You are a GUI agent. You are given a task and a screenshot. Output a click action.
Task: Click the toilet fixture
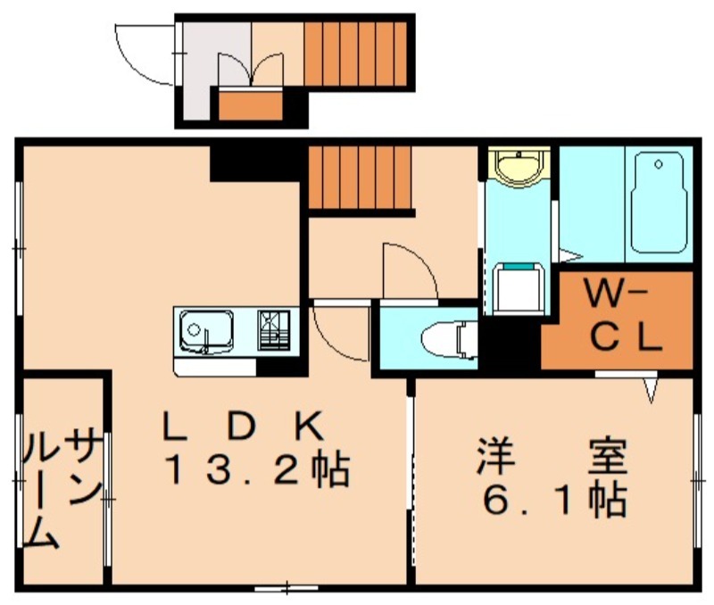[449, 339]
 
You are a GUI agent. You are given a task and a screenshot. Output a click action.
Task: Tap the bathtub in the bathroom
[659, 203]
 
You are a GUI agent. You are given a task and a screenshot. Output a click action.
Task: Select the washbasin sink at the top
[519, 166]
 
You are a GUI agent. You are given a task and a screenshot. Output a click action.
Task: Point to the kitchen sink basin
[206, 331]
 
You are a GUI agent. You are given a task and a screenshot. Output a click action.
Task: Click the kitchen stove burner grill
[274, 330]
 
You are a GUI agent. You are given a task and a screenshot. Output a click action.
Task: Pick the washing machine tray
[519, 288]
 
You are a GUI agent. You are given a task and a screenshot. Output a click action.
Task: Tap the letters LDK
[243, 425]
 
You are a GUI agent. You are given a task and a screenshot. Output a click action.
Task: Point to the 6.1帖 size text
[554, 500]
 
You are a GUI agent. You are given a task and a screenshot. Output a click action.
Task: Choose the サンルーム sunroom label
[62, 490]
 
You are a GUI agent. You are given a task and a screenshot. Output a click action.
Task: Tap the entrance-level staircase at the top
[354, 54]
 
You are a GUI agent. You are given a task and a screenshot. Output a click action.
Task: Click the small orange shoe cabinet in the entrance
[251, 106]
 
